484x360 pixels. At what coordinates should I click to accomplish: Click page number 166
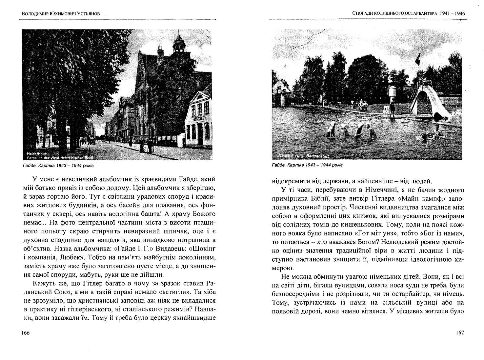pyautogui.click(x=25, y=333)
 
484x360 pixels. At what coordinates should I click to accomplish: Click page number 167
pyautogui.click(x=460, y=333)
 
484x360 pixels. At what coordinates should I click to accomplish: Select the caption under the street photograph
pyautogui.click(x=59, y=166)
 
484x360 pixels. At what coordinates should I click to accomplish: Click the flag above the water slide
pyautogui.click(x=418, y=58)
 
